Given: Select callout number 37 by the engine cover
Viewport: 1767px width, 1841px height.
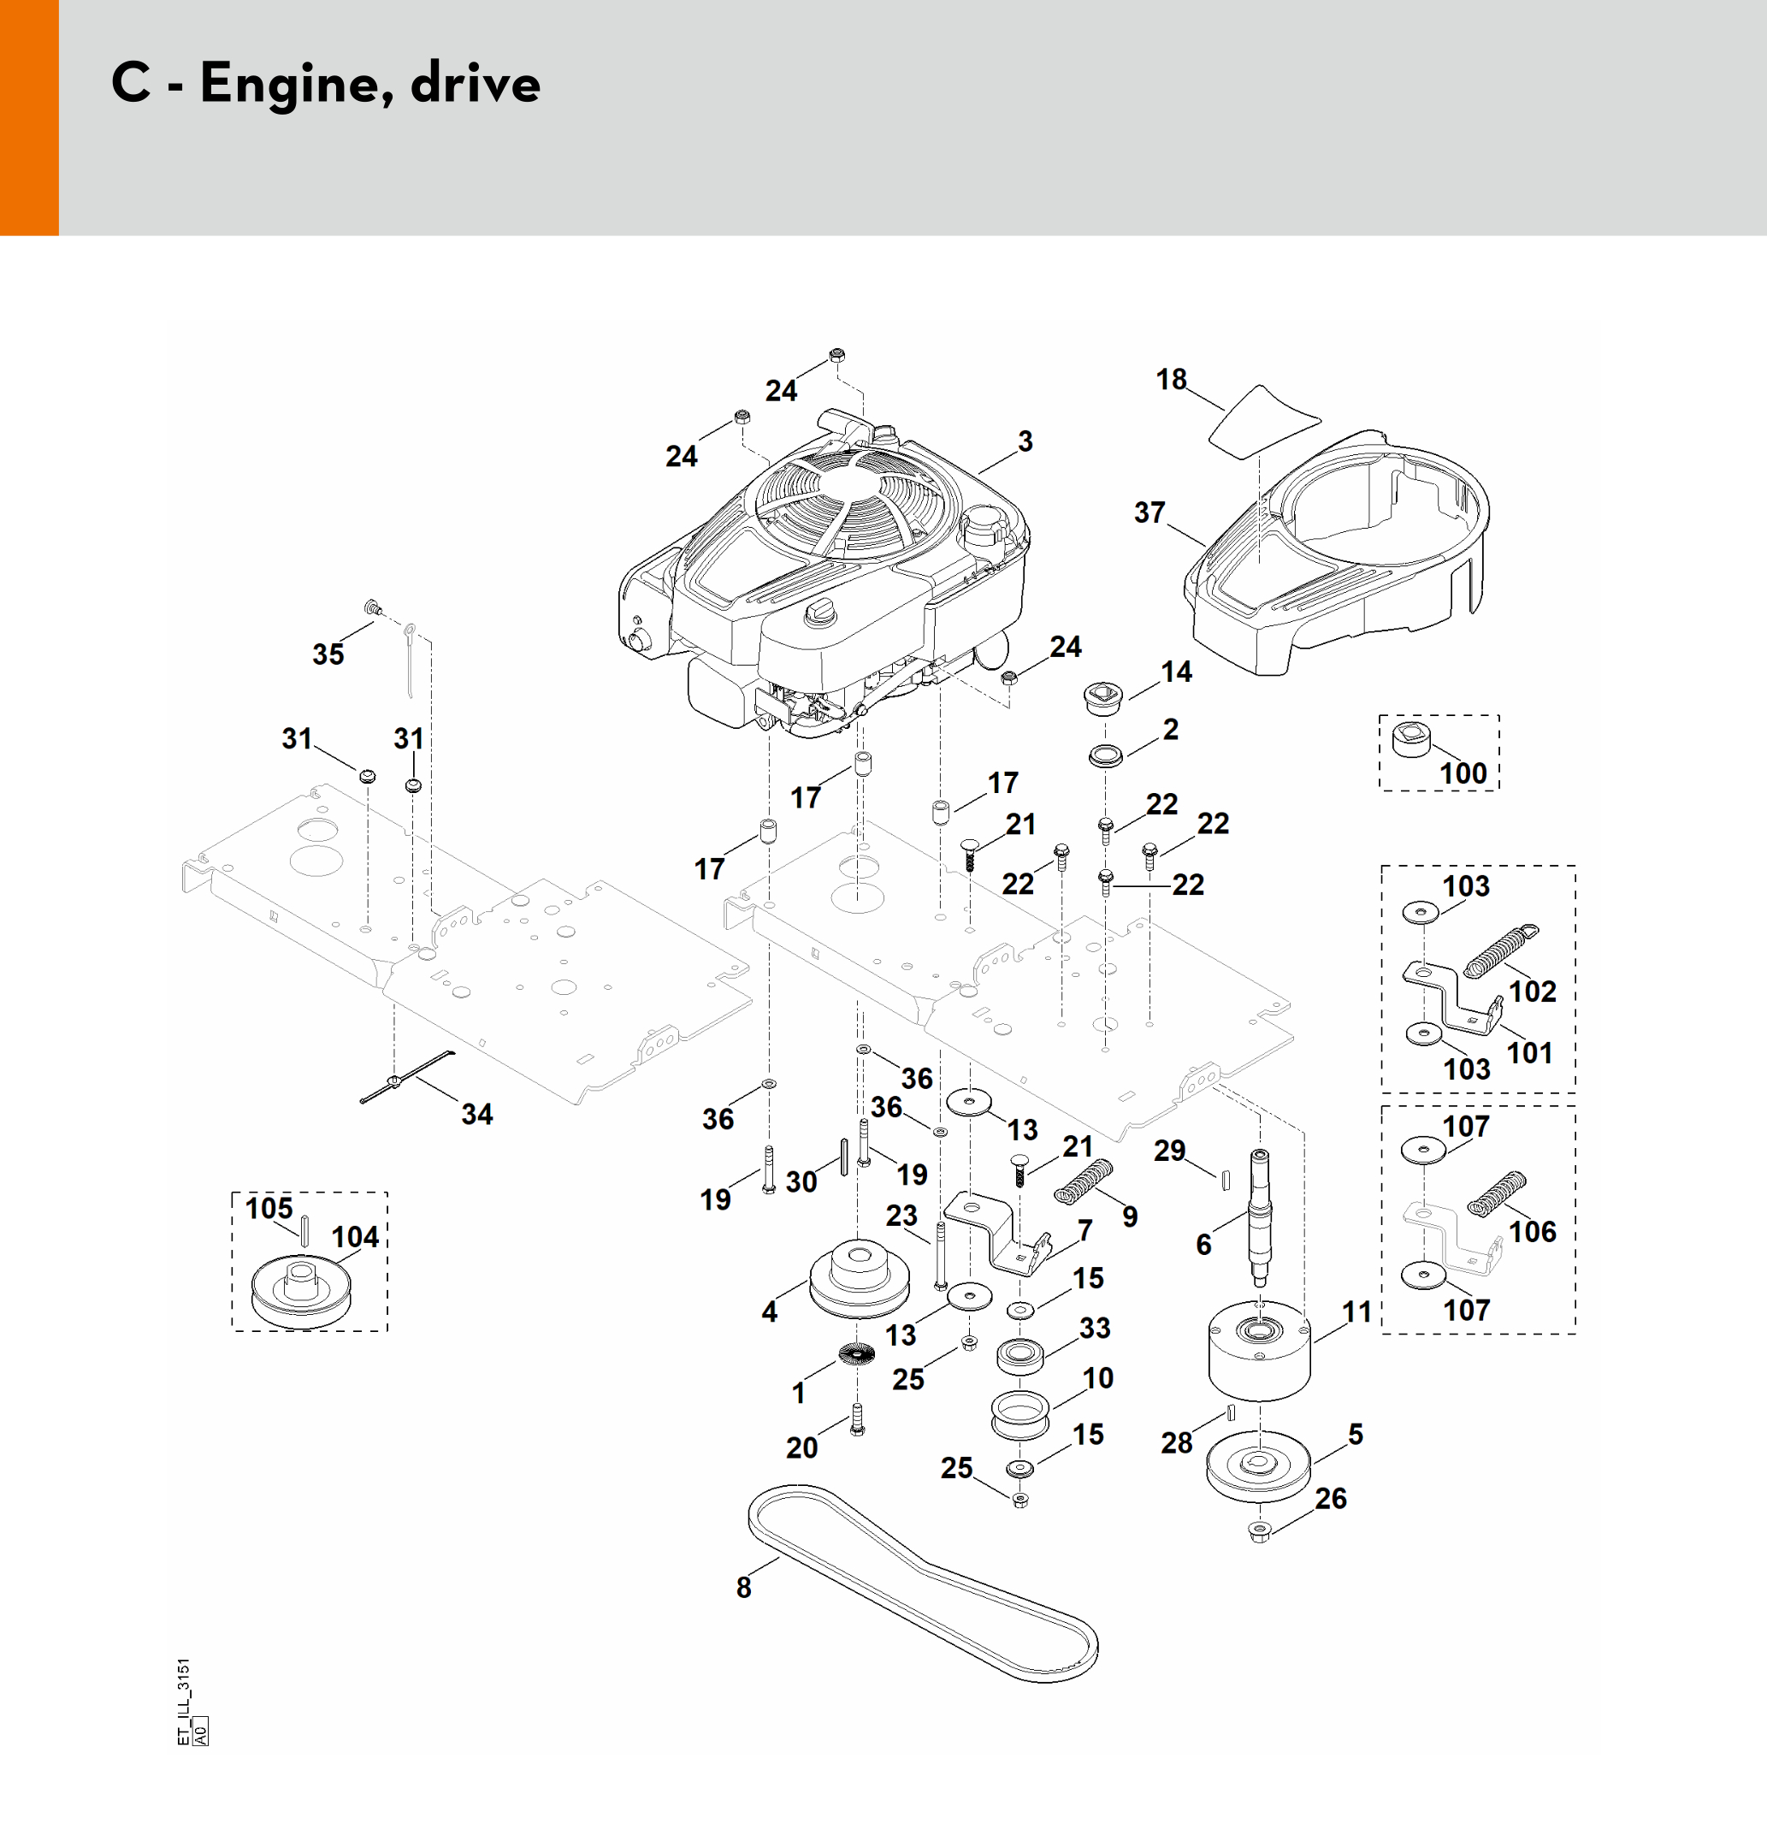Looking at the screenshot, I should (x=1149, y=512).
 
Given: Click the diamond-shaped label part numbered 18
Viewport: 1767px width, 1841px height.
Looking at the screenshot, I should (x=1262, y=420).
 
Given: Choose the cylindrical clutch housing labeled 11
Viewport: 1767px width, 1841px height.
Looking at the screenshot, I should (x=1257, y=1353).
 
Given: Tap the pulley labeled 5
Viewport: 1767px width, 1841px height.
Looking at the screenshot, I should (x=1257, y=1467).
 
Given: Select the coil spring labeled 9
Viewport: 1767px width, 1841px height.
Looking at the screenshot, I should (x=1084, y=1181).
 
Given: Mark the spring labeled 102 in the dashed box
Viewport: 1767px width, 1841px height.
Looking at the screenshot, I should (x=1499, y=952).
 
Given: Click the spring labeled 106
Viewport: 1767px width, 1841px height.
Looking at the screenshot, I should (x=1497, y=1196).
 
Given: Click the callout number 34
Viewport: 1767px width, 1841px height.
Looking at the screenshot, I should (x=477, y=1115).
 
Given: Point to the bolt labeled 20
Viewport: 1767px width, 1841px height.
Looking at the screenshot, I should (x=856, y=1419).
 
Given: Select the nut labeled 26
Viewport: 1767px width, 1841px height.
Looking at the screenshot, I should (x=1259, y=1534).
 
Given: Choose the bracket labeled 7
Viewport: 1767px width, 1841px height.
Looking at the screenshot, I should (x=996, y=1231).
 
